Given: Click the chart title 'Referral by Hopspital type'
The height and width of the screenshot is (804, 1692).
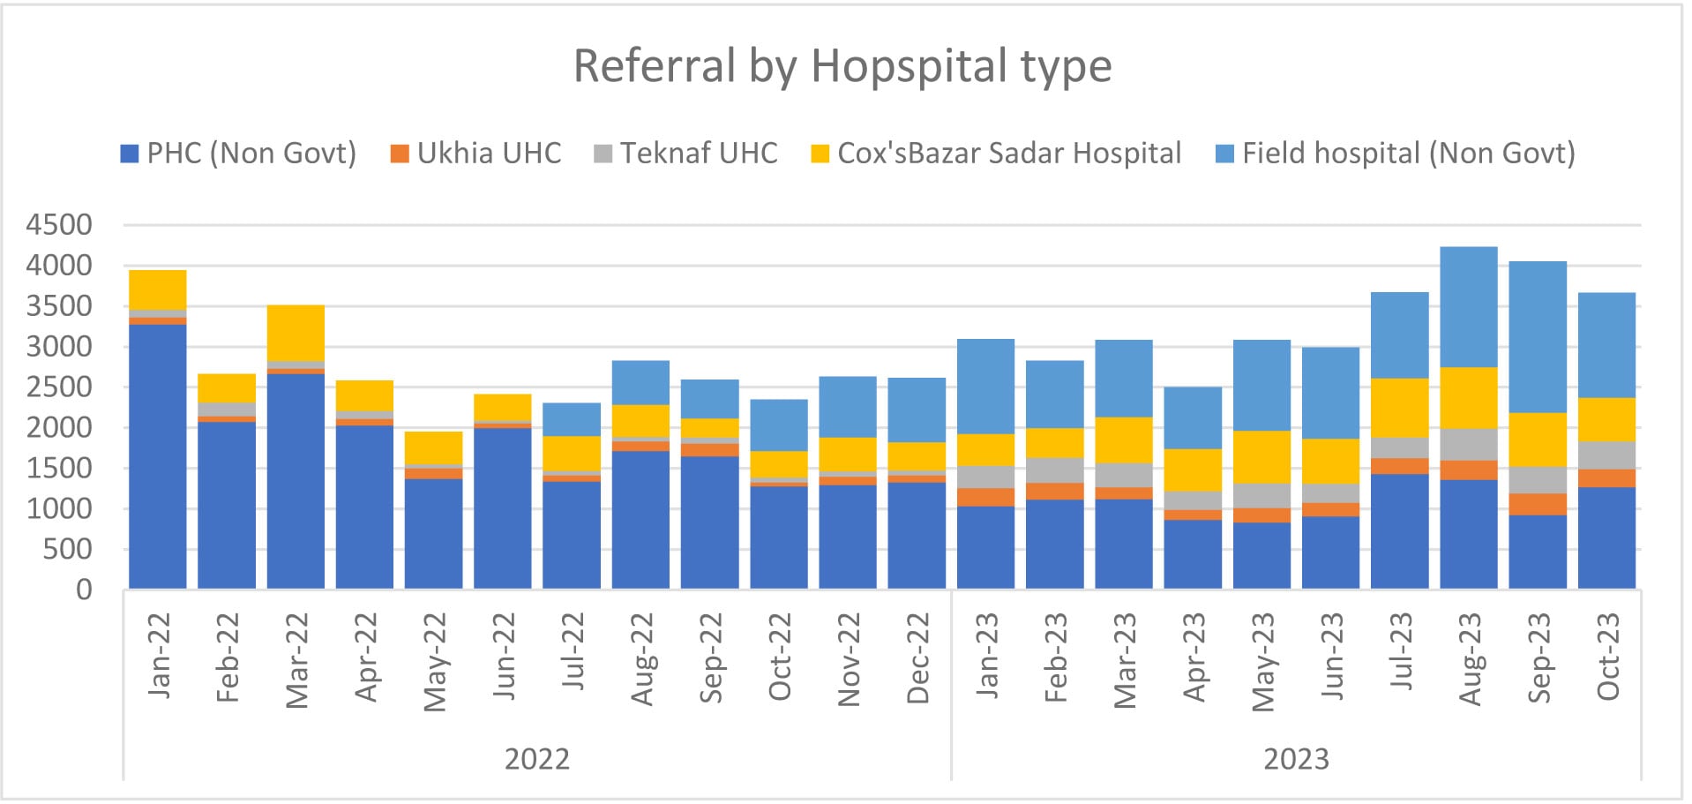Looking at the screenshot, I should (842, 66).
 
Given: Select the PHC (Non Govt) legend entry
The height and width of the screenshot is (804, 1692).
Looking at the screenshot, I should (238, 154).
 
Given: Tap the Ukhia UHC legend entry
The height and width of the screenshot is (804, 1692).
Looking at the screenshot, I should (476, 154).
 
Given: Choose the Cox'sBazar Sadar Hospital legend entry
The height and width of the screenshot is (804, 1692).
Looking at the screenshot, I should (997, 154).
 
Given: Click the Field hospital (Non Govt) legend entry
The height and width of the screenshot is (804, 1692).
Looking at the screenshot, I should (1396, 154).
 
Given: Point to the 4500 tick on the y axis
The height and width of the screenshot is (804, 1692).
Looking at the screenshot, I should (59, 225).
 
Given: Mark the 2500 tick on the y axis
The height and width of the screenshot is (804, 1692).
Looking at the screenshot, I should (59, 387).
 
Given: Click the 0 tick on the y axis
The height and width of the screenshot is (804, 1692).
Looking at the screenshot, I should (84, 590).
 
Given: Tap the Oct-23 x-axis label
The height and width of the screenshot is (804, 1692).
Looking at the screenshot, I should (1608, 657).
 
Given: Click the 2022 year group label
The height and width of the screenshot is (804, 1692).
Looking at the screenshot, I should (536, 759).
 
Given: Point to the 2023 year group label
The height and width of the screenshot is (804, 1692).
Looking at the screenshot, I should (1296, 759).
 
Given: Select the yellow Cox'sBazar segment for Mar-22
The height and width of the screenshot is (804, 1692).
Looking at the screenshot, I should (296, 333).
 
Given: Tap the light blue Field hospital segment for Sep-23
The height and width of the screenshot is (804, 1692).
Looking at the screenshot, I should (1538, 337).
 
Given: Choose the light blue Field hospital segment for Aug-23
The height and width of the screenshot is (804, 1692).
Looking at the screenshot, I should (1469, 307).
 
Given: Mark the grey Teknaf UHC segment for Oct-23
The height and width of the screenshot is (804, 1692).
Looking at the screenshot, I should (1606, 455).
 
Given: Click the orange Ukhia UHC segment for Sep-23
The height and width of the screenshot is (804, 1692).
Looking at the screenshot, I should (1538, 504).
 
